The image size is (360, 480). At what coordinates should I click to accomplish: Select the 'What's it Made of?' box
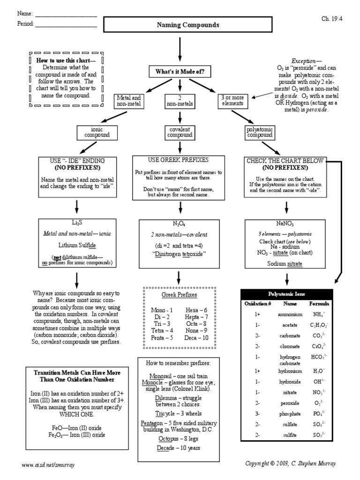[180, 71]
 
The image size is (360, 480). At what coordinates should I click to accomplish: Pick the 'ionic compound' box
[97, 132]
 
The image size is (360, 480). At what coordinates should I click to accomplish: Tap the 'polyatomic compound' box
[259, 132]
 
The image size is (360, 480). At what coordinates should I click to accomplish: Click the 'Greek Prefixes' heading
[179, 295]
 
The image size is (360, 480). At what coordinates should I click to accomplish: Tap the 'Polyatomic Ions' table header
[286, 294]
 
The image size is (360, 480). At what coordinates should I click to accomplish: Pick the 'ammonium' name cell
[290, 315]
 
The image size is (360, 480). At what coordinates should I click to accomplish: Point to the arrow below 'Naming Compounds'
[180, 49]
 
